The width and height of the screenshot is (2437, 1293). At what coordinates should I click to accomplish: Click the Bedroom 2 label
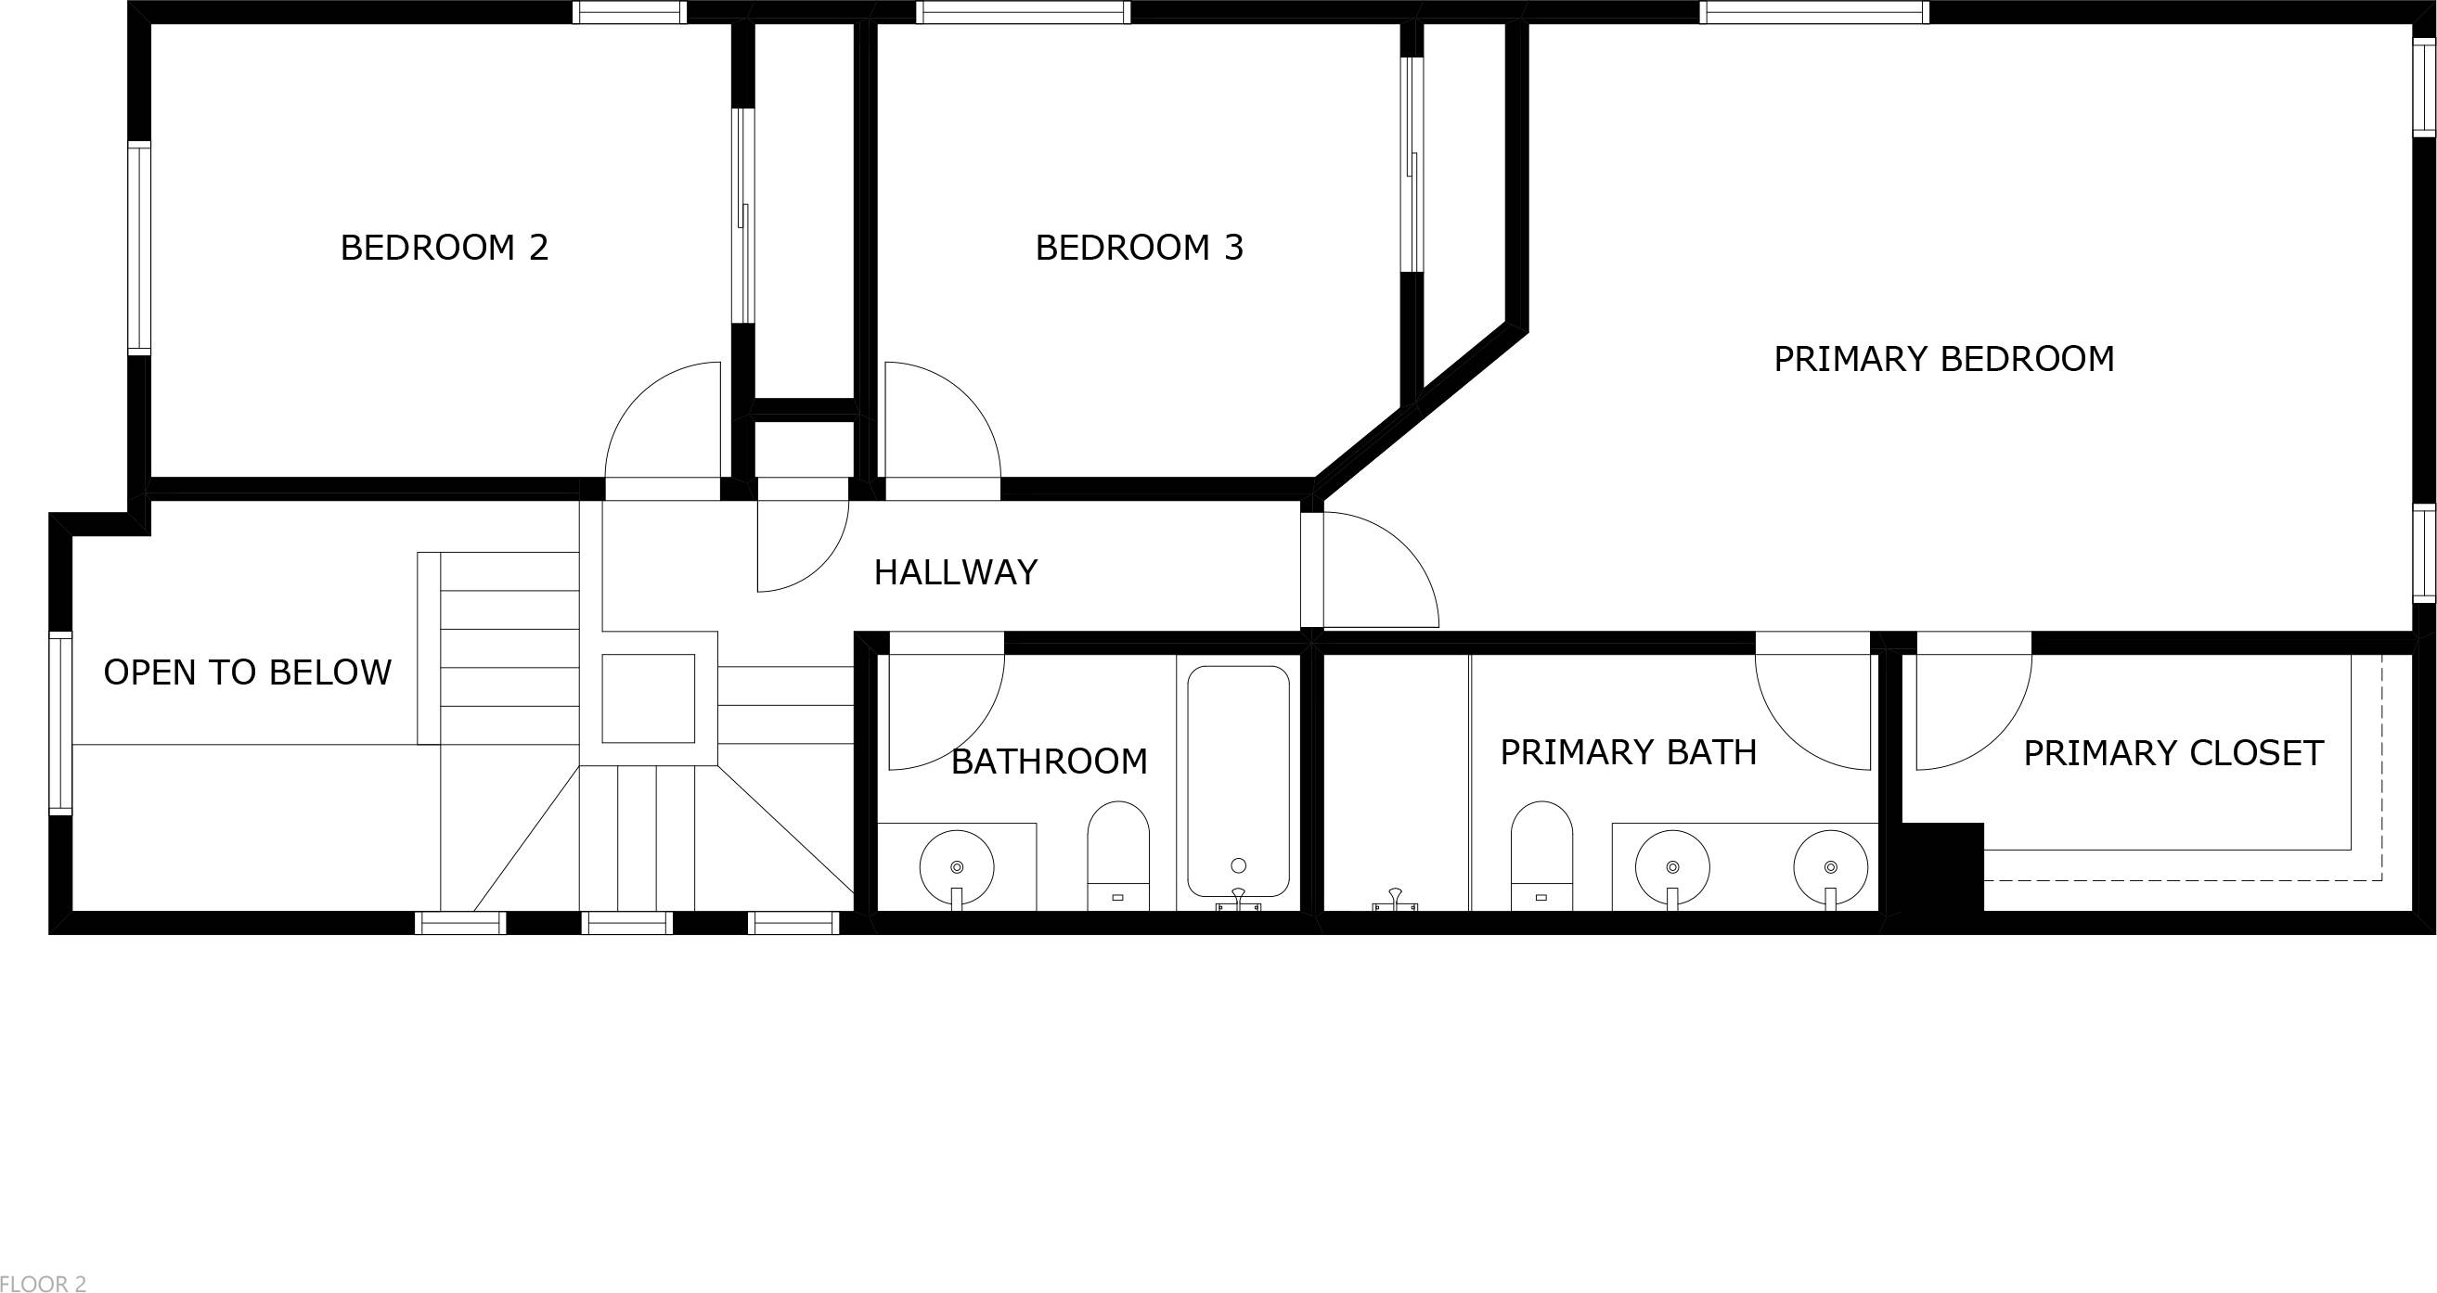[x=444, y=248]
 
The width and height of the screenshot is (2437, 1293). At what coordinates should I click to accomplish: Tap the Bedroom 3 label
[x=1139, y=248]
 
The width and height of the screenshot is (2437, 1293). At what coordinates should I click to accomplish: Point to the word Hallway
[x=956, y=572]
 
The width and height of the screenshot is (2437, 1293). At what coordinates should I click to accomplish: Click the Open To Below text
[x=247, y=672]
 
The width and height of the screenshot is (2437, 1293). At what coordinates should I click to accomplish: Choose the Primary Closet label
[x=2173, y=754]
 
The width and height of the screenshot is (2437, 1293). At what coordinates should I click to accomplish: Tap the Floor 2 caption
[x=44, y=1284]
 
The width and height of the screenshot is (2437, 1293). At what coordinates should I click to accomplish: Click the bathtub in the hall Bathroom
[x=1238, y=780]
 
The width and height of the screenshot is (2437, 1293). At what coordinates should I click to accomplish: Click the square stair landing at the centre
[x=648, y=698]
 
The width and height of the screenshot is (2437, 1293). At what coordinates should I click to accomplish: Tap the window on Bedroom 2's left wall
[x=139, y=248]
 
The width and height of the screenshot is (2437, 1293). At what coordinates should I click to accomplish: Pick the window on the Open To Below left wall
[x=60, y=723]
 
